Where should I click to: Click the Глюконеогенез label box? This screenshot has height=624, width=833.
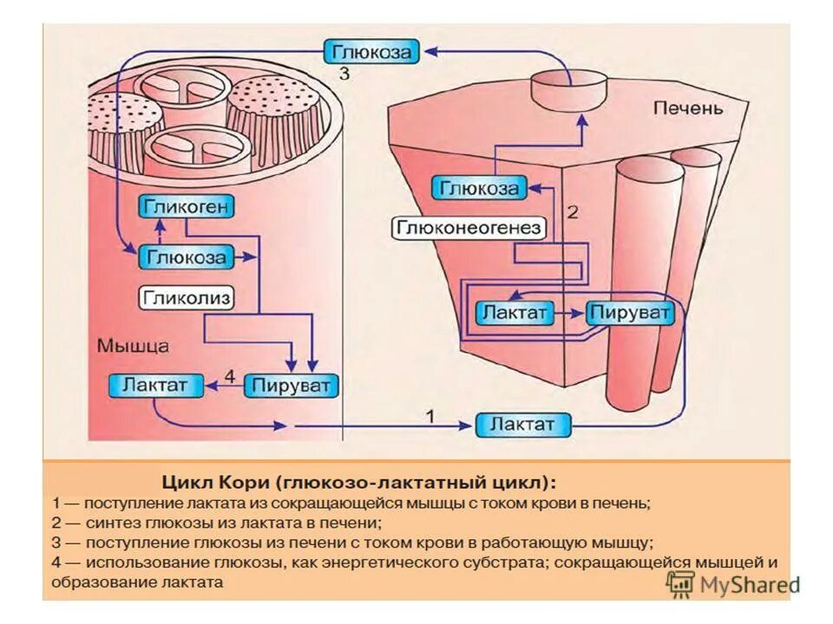click(x=469, y=228)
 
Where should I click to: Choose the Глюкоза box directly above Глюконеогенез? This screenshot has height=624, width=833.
click(x=479, y=187)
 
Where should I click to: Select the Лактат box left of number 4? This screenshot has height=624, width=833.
click(x=155, y=384)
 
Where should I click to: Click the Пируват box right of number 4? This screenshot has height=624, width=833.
click(x=291, y=384)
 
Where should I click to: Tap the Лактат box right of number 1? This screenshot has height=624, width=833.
click(x=525, y=425)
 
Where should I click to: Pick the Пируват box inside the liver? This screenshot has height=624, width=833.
click(x=630, y=312)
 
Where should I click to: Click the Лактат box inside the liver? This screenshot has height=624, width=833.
click(x=515, y=312)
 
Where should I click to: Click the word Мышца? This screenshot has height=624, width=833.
click(x=132, y=344)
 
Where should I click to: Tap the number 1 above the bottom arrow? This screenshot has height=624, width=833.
click(x=429, y=417)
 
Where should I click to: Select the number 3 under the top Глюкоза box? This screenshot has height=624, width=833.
click(x=344, y=75)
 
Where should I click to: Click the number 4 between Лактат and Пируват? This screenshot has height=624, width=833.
click(x=230, y=376)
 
